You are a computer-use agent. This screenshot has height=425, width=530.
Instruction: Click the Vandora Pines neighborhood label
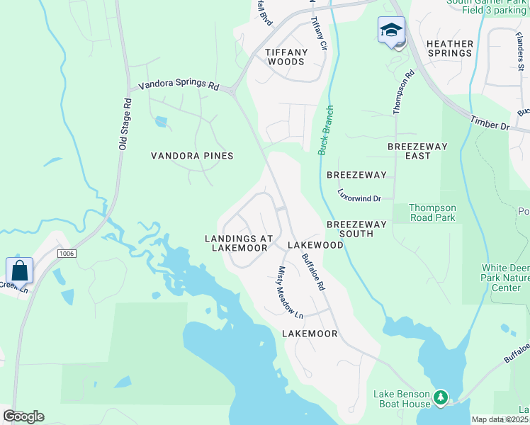pos(193,156)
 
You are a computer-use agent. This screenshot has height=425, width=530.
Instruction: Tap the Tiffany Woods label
pos(286,57)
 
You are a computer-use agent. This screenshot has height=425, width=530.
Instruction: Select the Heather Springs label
pos(450,48)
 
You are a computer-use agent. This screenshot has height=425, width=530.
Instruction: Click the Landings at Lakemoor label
pos(236,243)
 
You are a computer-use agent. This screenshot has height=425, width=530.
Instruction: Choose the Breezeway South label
pos(356,229)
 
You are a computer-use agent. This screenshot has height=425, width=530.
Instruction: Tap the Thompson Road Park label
pos(433,213)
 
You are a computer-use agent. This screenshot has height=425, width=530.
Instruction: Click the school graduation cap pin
pos(390,31)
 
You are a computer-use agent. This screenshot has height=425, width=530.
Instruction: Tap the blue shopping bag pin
pos(18,271)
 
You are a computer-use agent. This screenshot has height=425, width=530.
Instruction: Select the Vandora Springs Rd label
pos(179,85)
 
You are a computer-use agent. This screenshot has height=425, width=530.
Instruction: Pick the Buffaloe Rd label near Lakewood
pos(312,272)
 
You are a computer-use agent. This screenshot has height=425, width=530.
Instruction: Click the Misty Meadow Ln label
pos(290,291)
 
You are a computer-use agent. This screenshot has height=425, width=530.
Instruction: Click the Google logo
pos(23,416)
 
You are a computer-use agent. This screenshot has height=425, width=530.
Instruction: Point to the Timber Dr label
pos(490,123)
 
